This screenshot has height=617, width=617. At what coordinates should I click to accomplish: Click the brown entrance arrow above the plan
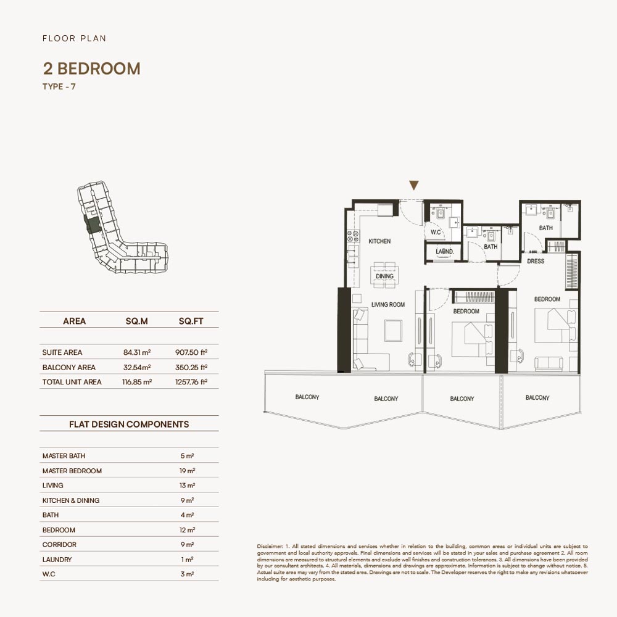413,185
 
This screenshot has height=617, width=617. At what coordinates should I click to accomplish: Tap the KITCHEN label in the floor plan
379,241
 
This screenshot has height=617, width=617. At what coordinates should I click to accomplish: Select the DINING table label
384,276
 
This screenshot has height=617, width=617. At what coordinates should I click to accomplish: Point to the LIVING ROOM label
388,304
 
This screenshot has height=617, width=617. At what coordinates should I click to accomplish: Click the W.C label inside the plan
436,232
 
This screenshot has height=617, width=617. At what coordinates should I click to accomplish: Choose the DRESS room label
536,261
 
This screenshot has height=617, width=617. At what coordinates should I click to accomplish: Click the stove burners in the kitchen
352,236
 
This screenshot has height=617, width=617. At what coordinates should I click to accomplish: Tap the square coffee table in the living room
394,331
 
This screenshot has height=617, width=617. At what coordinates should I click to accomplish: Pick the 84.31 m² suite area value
137,352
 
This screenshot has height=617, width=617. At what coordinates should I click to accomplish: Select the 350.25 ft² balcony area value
191,367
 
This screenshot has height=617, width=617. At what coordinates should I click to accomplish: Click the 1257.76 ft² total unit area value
191,382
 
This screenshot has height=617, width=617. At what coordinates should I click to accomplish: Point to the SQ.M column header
136,321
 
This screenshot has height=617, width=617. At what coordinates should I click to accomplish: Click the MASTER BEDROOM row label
72,471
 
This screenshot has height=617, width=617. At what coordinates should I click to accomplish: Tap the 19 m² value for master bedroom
188,471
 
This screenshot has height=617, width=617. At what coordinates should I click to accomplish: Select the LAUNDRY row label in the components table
57,559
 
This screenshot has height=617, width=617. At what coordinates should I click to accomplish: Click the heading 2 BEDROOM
92,68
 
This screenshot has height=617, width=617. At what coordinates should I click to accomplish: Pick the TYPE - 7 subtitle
59,86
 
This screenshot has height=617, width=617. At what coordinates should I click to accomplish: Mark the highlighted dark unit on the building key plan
94,225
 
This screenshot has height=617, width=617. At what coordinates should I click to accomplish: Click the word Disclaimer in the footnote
270,546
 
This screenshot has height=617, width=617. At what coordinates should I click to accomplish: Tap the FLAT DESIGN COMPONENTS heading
129,424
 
